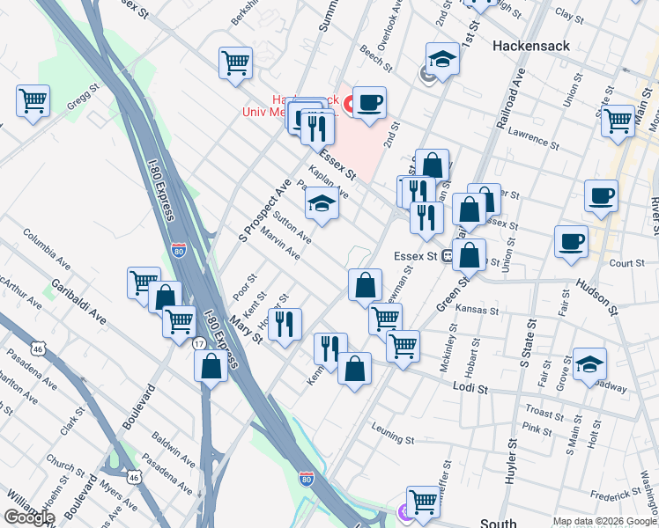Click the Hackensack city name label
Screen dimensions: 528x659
(x=531, y=45)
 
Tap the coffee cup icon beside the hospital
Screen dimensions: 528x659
(x=370, y=102)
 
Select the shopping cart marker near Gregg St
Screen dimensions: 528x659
(x=33, y=101)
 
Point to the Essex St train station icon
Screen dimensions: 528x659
(x=447, y=256)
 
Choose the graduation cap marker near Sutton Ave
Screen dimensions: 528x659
(x=322, y=204)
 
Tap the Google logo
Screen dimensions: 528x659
(x=29, y=517)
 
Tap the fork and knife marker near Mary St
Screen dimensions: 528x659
(x=285, y=324)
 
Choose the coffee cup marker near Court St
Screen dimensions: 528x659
(x=571, y=239)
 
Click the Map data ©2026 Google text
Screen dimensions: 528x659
(x=603, y=520)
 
